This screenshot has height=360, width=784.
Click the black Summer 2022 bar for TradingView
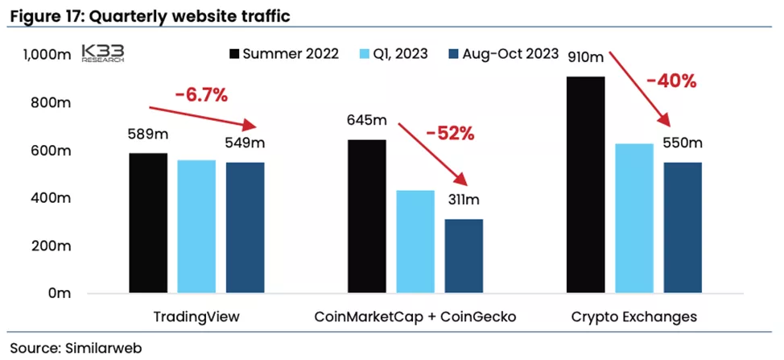148,222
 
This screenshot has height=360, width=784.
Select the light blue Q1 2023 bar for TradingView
196,226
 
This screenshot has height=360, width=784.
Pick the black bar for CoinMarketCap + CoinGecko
367,216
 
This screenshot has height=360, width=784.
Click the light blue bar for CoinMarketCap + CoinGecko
415,241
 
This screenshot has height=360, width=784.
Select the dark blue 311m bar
464,255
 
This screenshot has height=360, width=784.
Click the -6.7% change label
201,94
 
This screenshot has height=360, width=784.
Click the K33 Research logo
103,55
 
